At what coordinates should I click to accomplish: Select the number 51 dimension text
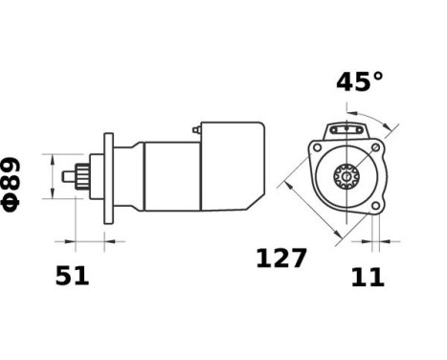(x=72, y=277)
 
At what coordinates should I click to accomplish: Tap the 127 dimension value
(x=280, y=259)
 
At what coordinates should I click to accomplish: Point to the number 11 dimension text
(x=368, y=278)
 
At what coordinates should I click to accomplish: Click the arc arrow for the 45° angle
(x=381, y=119)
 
